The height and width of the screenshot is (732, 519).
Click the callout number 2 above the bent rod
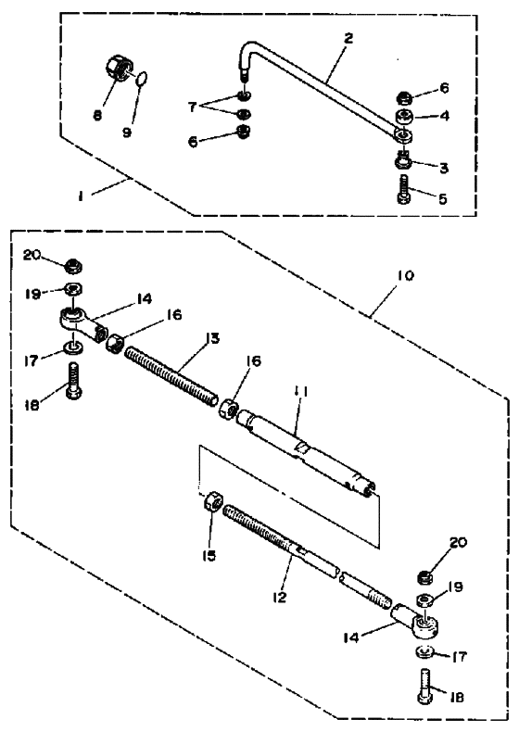click(x=348, y=38)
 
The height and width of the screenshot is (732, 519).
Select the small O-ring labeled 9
click(x=143, y=78)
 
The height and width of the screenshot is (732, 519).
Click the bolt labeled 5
click(x=404, y=189)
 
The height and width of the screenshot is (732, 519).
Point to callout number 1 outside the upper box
click(x=81, y=196)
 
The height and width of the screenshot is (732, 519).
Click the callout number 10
click(x=406, y=275)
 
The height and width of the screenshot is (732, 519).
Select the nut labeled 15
click(x=212, y=501)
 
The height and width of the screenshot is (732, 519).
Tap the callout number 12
click(x=279, y=597)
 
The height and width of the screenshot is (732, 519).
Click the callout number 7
click(x=192, y=107)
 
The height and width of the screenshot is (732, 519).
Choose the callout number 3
click(x=443, y=168)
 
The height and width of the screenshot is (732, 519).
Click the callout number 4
click(x=444, y=115)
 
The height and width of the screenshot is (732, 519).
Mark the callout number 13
click(x=212, y=338)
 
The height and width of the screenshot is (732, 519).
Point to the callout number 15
click(x=209, y=556)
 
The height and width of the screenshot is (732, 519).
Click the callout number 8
click(x=97, y=115)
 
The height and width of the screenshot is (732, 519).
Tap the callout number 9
click(x=127, y=133)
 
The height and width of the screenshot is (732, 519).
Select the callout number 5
click(x=443, y=199)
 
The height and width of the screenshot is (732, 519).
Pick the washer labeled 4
click(x=404, y=115)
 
